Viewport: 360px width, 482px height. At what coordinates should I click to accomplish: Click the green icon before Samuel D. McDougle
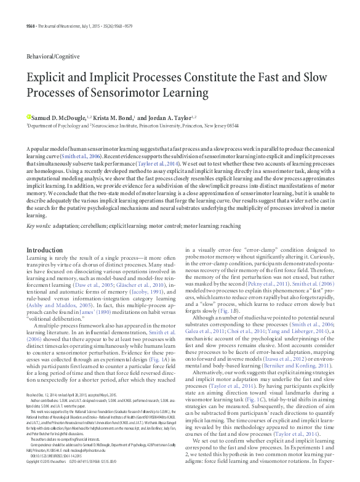click(x=28, y=117)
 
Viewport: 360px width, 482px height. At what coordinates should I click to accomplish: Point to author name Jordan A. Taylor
click(x=184, y=117)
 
